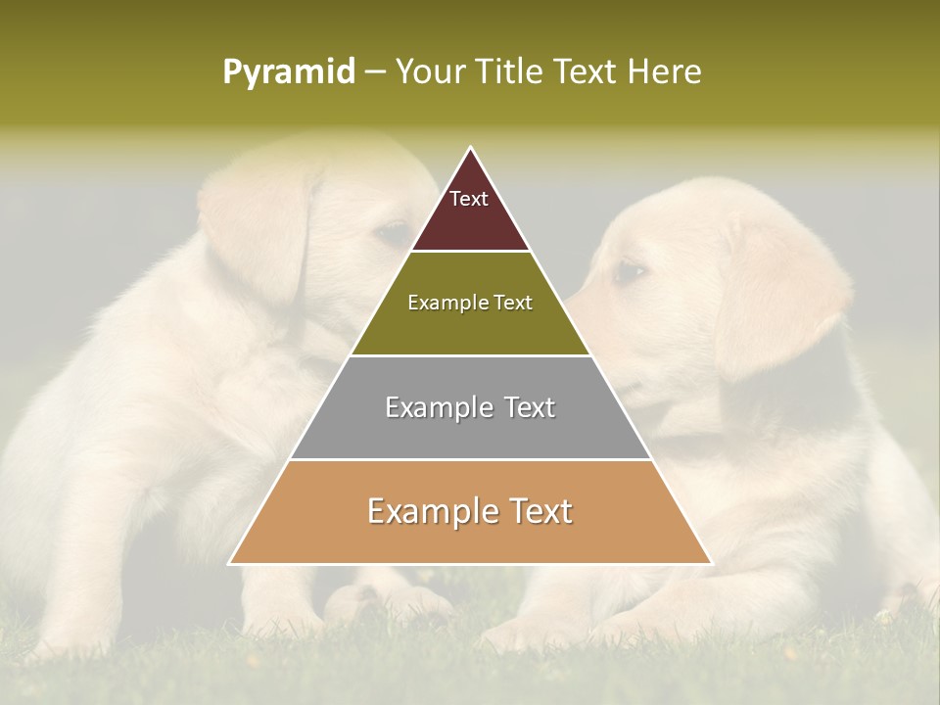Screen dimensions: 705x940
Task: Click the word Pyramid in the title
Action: (289, 72)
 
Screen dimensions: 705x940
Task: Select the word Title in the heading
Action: (509, 71)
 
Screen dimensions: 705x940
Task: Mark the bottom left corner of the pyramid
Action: (230, 563)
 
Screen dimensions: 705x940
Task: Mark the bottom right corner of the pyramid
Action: (711, 563)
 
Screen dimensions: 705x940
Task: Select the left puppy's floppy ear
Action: (264, 235)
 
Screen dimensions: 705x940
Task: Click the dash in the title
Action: (375, 72)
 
